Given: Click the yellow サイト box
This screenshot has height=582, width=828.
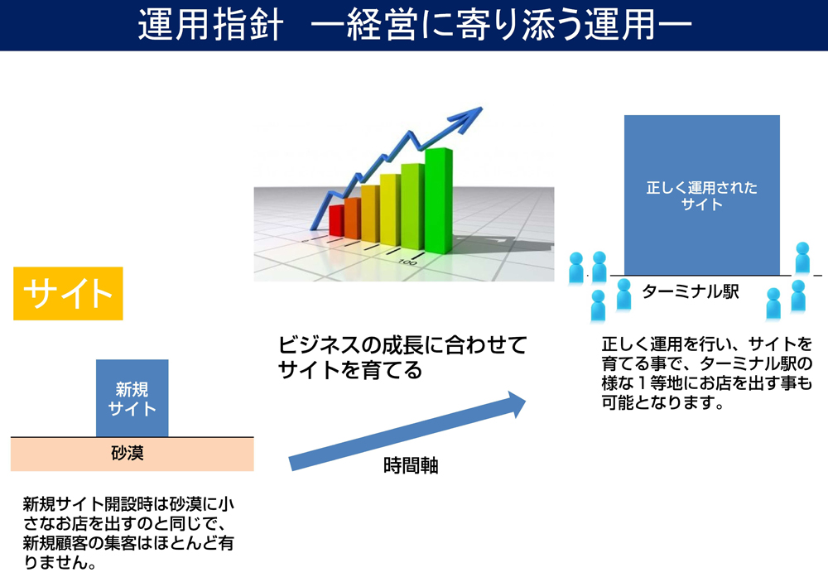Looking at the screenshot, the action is click(68, 294).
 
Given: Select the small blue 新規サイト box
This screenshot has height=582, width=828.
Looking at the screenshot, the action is click(132, 398).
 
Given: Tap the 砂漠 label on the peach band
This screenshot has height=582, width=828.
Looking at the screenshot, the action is click(128, 453).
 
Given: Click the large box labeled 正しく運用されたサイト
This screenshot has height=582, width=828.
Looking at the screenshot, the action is click(702, 195).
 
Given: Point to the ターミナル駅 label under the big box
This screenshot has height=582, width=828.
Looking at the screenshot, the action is click(691, 291).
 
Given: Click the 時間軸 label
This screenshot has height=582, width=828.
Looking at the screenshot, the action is click(411, 466).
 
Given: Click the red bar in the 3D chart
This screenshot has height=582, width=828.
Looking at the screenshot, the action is click(336, 220).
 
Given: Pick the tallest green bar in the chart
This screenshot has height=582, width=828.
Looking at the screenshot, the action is click(438, 200).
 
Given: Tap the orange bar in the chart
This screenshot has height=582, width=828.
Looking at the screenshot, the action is click(352, 218).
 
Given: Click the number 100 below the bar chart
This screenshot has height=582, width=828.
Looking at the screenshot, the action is click(407, 262).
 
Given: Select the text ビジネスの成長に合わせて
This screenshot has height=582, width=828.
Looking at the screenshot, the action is click(402, 345).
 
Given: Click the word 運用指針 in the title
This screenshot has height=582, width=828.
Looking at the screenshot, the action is click(210, 25).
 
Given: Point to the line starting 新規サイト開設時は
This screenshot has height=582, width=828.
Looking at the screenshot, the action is click(128, 504).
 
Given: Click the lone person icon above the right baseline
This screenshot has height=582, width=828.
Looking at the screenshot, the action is click(802, 257).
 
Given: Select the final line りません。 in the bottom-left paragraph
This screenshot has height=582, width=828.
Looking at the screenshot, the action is click(60, 562).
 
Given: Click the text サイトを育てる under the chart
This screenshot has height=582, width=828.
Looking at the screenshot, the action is click(350, 370).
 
